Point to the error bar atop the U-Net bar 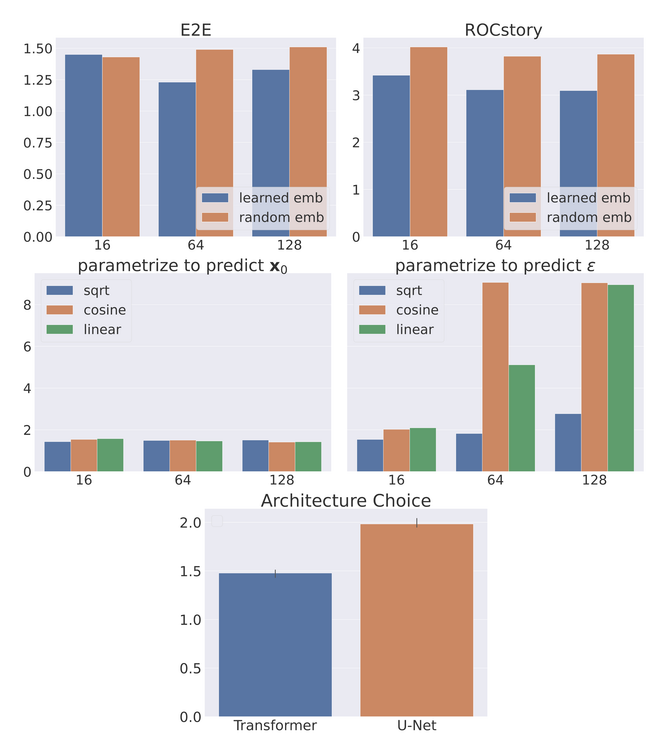[417, 523]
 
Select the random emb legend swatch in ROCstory [522, 217]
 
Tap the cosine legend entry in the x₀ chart [105, 310]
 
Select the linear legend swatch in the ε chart [372, 329]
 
